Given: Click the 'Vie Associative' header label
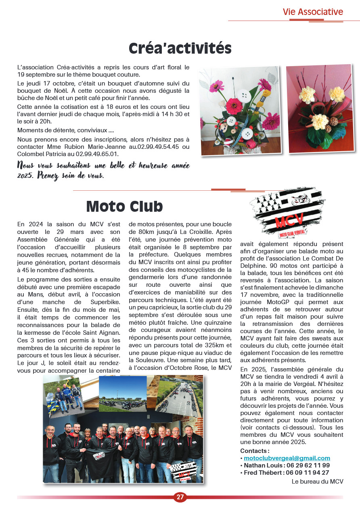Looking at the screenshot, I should click(x=313, y=12).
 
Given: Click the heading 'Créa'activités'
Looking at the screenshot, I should click(x=180, y=48).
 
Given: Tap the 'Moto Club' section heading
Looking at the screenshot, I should click(x=124, y=206).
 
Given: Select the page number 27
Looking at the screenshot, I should click(x=180, y=497).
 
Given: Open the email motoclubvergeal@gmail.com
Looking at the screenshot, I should click(x=287, y=458).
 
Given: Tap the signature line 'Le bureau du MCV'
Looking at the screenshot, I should click(x=317, y=481).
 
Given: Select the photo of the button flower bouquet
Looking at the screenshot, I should click(x=240, y=111).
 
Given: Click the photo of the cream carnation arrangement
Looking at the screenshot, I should click(x=321, y=109).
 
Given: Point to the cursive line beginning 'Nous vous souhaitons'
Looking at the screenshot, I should click(x=103, y=166).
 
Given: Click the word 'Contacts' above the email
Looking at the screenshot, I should click(x=254, y=451).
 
